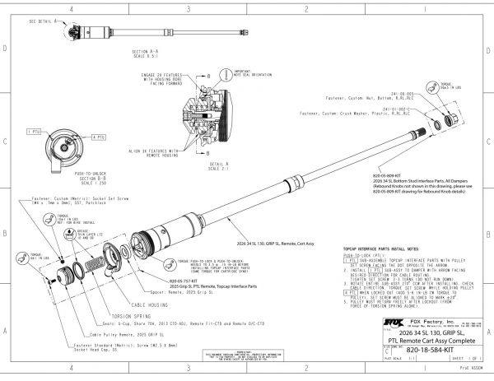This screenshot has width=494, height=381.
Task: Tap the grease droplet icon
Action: pos(71,233)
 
